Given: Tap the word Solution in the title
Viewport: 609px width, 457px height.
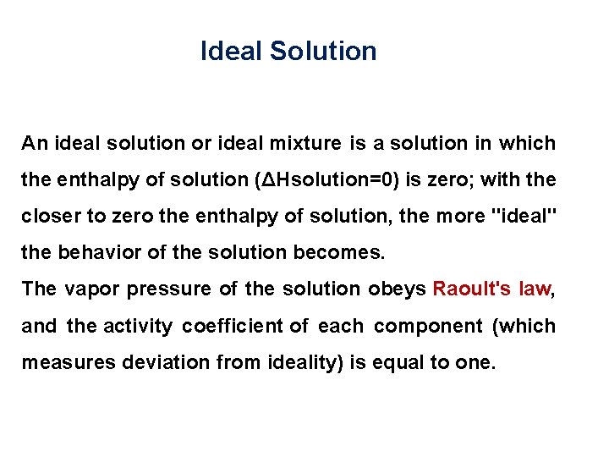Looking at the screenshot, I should coord(323,52).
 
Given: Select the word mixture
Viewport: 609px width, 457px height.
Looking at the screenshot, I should coord(304,143).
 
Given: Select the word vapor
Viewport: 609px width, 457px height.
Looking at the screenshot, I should coord(92,289).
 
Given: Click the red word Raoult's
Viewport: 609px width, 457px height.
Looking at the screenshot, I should coord(472,289).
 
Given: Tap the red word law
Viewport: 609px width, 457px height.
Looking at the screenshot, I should coord(535,289).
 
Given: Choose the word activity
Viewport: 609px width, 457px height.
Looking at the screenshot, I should coord(139,326).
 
